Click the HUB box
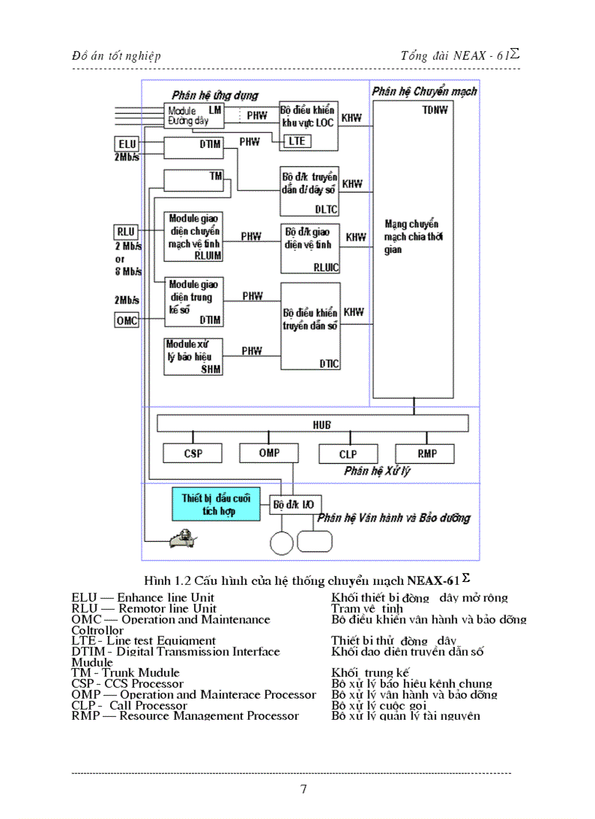tap(313, 424)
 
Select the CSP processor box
tap(192, 453)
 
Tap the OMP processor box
tap(269, 453)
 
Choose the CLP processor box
tap(348, 454)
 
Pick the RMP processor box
tap(427, 453)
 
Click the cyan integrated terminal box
tap(216, 504)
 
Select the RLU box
tap(125, 231)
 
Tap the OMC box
tap(127, 319)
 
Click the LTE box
tap(296, 141)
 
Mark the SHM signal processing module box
tap(193, 357)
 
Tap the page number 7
tap(303, 788)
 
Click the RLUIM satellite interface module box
tap(194, 237)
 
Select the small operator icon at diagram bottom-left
tap(181, 539)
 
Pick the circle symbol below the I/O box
tap(281, 543)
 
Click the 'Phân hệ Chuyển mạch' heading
tap(424, 91)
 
